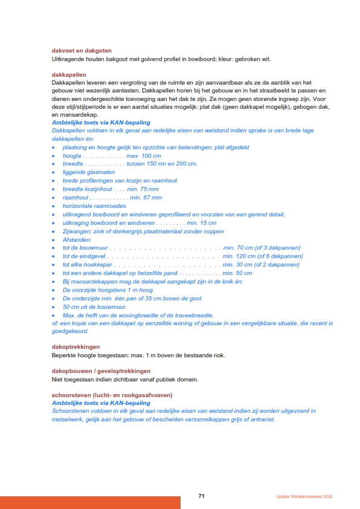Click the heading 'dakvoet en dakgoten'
click(82, 50)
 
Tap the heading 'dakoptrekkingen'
click(76, 346)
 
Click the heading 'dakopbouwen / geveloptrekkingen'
click(101, 371)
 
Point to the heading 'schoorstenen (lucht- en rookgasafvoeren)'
click(112, 395)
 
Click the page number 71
click(202, 496)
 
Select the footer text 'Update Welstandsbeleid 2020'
click(304, 497)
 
